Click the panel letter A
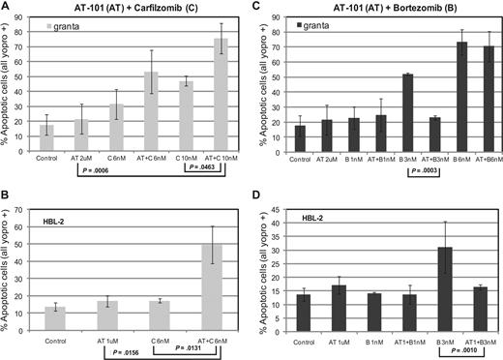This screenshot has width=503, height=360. pos(6,7)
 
